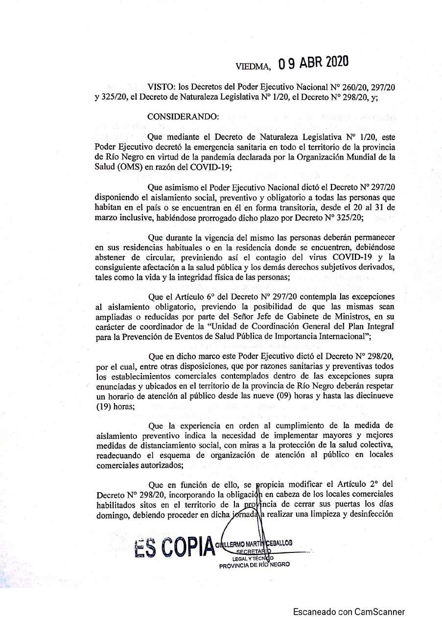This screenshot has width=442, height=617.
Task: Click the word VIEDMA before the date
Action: pos(253,66)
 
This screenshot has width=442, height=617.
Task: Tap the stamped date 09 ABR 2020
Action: pos(313,63)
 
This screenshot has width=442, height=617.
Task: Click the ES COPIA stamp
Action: pos(174,548)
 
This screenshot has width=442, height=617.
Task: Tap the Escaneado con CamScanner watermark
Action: pos(349,611)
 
